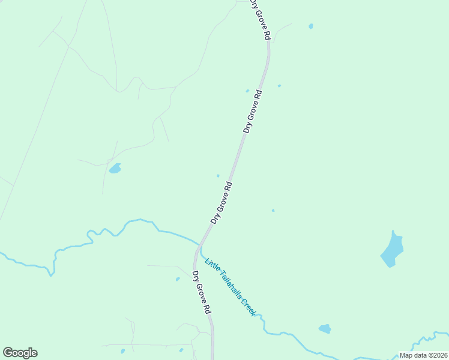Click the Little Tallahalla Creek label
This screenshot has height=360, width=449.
click(x=230, y=287)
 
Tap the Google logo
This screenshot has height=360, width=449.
click(x=20, y=353)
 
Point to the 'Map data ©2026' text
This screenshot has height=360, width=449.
click(x=423, y=355)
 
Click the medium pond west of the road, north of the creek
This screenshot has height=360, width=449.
click(x=115, y=169)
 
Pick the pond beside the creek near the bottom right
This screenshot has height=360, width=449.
click(x=325, y=329)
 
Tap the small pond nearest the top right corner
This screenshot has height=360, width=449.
click(x=310, y=26)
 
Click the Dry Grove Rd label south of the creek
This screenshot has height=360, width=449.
click(x=201, y=292)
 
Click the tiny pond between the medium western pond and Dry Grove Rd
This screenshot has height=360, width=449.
click(x=218, y=176)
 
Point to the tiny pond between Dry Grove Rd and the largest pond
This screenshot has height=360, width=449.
click(x=273, y=211)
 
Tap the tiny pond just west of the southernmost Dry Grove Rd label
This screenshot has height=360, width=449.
click(x=178, y=279)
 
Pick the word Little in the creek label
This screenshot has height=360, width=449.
click(x=211, y=264)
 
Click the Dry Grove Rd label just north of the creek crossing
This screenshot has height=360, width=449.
click(x=221, y=203)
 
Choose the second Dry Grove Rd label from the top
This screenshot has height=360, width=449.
click(x=253, y=112)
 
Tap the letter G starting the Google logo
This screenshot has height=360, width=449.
click(x=8, y=352)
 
